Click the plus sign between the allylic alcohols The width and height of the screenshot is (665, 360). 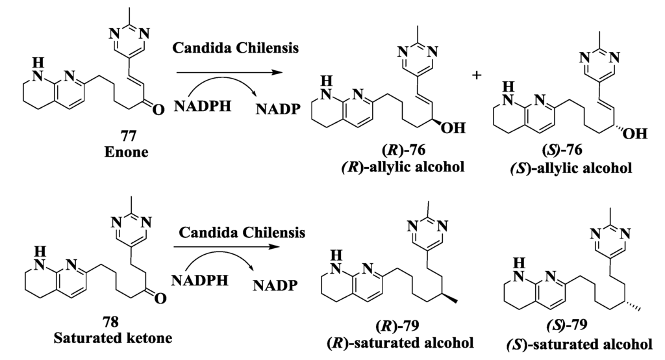pyautogui.click(x=477, y=75)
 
